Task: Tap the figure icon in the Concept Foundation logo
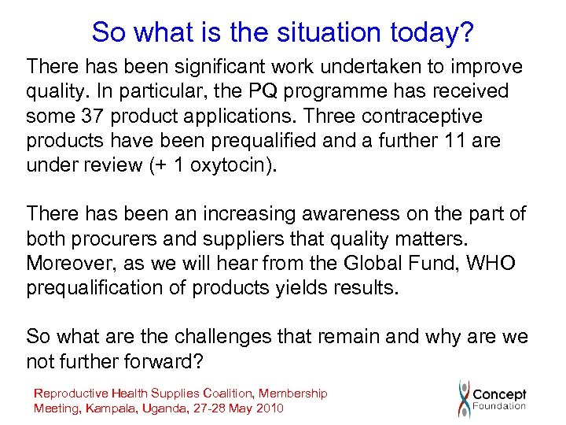[465, 397]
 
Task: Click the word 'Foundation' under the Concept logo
[499, 406]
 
